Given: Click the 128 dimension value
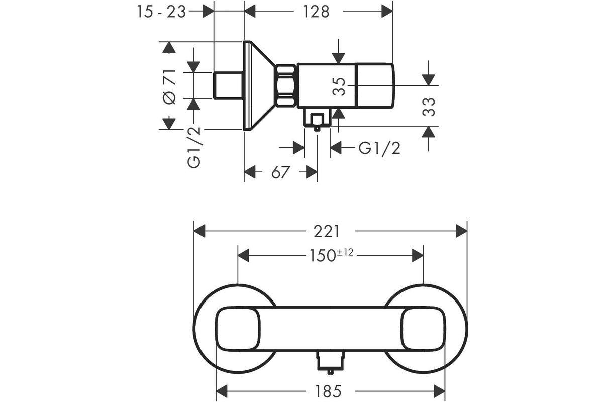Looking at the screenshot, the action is [x=316, y=12].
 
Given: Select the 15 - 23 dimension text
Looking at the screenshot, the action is [x=161, y=12].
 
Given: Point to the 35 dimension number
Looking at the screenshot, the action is [x=339, y=87].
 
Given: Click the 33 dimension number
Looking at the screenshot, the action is [x=429, y=107].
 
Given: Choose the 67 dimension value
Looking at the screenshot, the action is [x=280, y=172].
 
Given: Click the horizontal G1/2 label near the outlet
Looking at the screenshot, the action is [x=379, y=148].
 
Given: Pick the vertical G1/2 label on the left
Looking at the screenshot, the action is [x=194, y=147].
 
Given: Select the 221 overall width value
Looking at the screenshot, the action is [x=327, y=232].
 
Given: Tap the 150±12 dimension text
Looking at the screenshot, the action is [x=331, y=255].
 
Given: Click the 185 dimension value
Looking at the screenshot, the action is [x=328, y=391].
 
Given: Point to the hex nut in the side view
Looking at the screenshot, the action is [x=286, y=86].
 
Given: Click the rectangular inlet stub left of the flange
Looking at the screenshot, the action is [x=228, y=85].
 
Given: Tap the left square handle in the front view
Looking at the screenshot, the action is [x=238, y=329].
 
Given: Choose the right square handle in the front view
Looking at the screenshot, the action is [x=423, y=329].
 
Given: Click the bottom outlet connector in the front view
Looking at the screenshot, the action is [x=331, y=362].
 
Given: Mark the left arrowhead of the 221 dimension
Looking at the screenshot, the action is [x=199, y=231].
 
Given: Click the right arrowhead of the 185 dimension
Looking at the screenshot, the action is [x=439, y=391].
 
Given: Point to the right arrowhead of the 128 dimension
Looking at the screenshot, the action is [x=387, y=12].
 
